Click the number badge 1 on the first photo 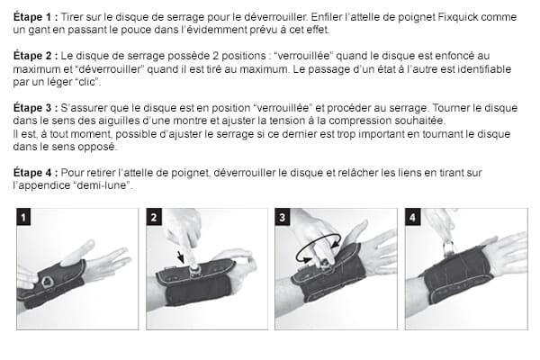(x=24, y=217)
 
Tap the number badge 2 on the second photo (x=154, y=217)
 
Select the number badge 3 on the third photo (x=283, y=217)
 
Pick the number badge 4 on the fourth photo (x=412, y=217)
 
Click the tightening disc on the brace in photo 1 (x=48, y=282)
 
